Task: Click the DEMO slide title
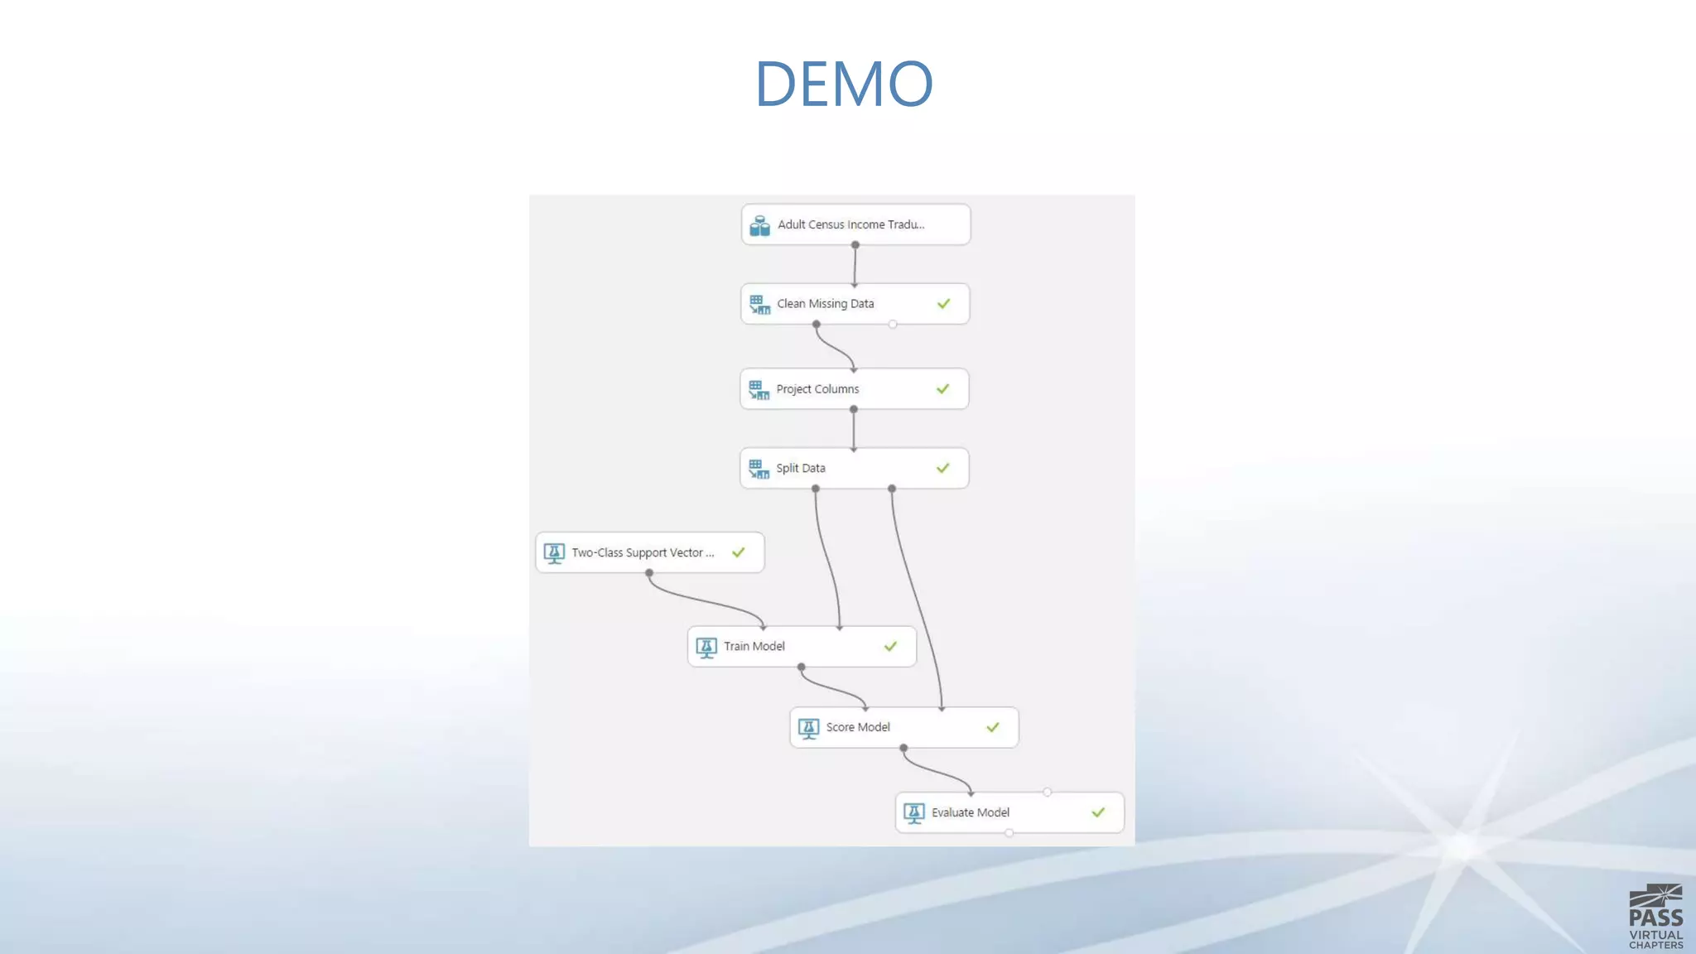click(x=844, y=84)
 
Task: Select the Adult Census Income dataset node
click(x=855, y=224)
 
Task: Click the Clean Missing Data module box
click(x=855, y=304)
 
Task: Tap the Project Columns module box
click(x=854, y=389)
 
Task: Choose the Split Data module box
click(x=854, y=468)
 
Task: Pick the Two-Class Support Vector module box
click(x=649, y=552)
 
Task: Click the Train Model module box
click(x=801, y=646)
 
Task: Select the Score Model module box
click(x=903, y=727)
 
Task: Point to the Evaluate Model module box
click(x=1009, y=812)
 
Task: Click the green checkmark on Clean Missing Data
click(x=943, y=304)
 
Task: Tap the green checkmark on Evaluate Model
click(x=1098, y=812)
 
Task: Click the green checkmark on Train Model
click(x=890, y=646)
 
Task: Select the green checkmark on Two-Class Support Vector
click(x=738, y=552)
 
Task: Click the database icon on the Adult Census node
click(x=759, y=225)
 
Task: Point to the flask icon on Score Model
click(x=808, y=728)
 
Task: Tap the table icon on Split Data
click(x=759, y=469)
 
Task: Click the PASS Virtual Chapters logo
click(x=1655, y=916)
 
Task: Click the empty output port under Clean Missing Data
click(x=893, y=325)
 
